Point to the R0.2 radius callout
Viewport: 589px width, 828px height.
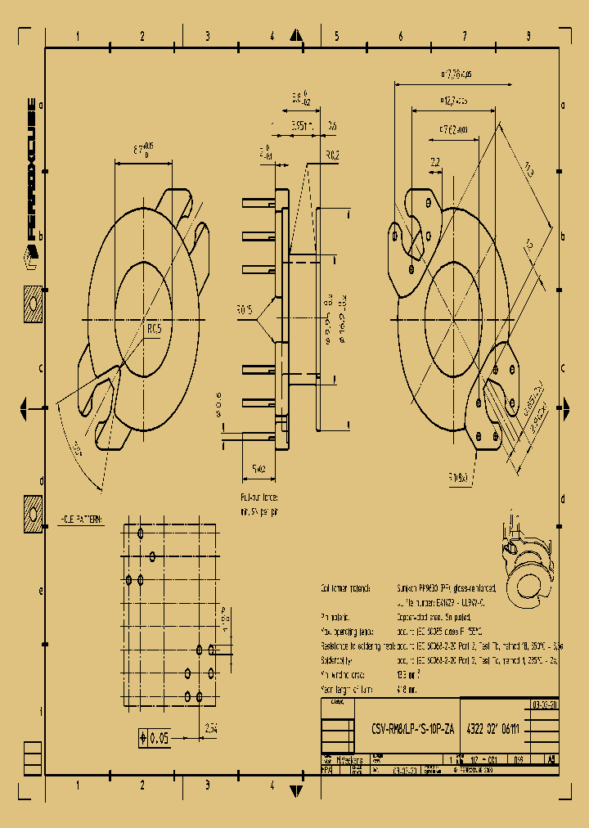333,155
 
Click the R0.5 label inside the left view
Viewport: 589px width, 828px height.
154,328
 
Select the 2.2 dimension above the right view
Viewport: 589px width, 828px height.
434,162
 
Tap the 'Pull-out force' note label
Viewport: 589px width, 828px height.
259,497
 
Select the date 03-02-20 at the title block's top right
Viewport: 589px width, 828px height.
545,704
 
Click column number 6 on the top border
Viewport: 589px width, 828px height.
401,36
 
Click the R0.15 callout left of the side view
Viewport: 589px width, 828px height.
245,310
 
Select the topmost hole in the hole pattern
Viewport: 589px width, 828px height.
142,533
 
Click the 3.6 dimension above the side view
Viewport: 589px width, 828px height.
332,125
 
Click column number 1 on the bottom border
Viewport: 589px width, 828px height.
78,785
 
